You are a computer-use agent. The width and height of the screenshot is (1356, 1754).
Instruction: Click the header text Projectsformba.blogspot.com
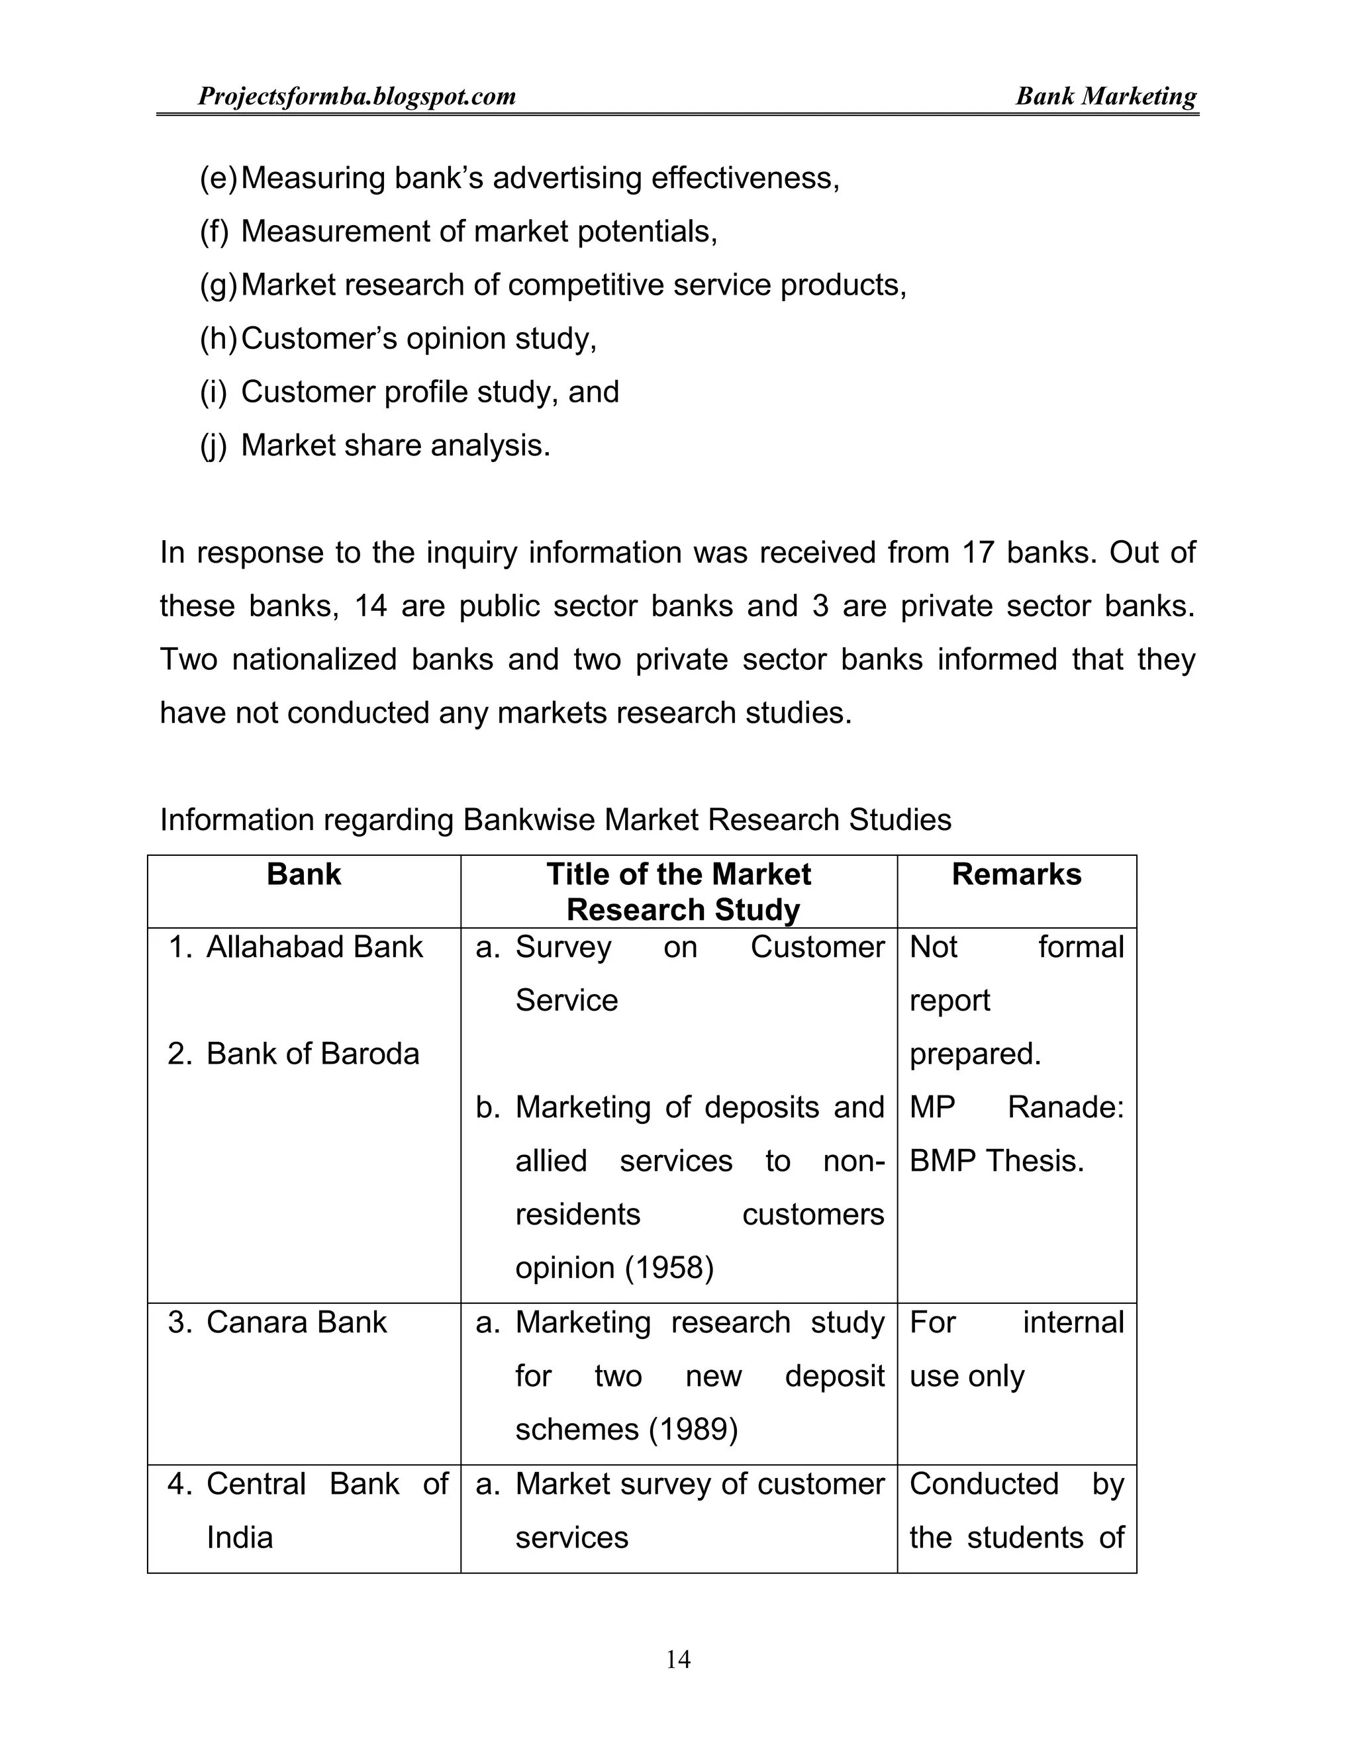(357, 97)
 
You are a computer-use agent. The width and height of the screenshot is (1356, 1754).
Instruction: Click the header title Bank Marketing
(1105, 97)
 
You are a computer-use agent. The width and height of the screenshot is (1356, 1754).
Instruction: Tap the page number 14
(678, 1659)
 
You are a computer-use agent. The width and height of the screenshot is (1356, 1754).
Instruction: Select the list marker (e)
(218, 178)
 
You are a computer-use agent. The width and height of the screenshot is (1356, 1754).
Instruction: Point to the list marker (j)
(214, 445)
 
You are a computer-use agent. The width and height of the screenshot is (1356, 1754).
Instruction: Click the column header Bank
(304, 874)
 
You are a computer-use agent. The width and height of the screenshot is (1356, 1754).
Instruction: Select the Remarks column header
(1016, 874)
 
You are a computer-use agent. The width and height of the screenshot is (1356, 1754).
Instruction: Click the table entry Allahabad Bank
(314, 948)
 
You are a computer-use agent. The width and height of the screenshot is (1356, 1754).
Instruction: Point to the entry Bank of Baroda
(313, 1054)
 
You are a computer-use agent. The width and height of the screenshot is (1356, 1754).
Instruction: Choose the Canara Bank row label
(297, 1322)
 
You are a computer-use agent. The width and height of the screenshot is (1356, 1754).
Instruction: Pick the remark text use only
(967, 1377)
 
